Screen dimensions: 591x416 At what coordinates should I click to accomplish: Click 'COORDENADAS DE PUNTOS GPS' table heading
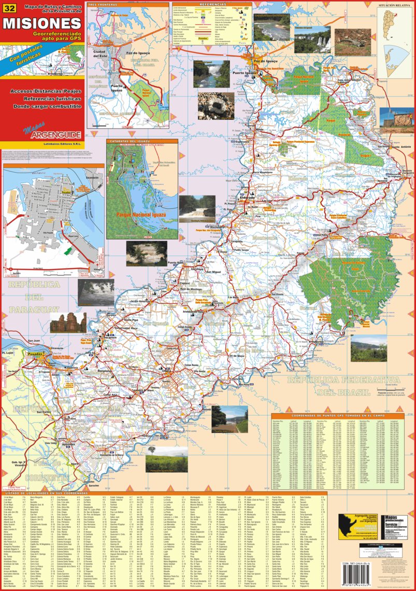tap(337, 416)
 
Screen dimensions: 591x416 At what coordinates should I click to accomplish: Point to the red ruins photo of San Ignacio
tap(68, 322)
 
